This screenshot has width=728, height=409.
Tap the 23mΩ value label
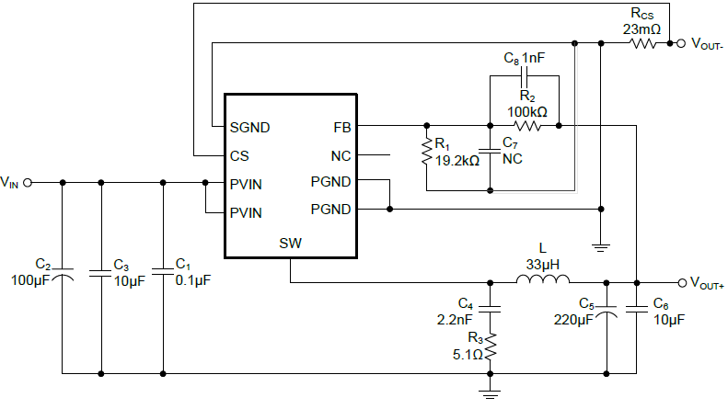(641, 28)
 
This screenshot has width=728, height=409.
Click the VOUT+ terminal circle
(681, 282)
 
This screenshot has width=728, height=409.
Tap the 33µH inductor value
(542, 264)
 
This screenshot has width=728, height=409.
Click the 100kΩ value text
(527, 111)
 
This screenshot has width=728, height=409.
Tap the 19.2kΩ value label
(457, 161)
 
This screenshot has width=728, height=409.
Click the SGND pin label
(250, 127)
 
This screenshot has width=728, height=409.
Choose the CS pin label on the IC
(239, 155)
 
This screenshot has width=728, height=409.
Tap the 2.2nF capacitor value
(454, 318)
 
